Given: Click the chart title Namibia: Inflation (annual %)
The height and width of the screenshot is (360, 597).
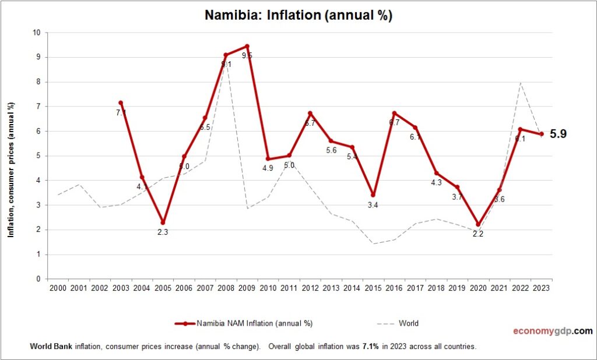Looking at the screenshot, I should pyautogui.click(x=298, y=16).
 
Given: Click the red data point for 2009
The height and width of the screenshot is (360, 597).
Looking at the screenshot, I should pyautogui.click(x=247, y=46).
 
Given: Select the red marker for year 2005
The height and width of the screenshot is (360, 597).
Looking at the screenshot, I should pyautogui.click(x=163, y=223).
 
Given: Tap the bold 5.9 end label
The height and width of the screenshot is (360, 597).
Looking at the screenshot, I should pyautogui.click(x=558, y=134).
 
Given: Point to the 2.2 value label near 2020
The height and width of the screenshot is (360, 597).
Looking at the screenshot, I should pyautogui.click(x=479, y=234).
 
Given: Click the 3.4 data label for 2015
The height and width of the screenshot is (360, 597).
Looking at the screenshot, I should pyautogui.click(x=373, y=206).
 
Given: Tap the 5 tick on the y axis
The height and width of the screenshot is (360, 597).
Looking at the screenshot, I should pyautogui.click(x=38, y=156).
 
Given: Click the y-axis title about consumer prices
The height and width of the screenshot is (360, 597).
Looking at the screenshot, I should pyautogui.click(x=10, y=169).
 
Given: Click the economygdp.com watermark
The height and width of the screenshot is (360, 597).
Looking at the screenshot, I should pyautogui.click(x=552, y=331).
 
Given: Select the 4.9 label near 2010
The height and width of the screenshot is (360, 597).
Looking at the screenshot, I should pyautogui.click(x=268, y=169).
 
